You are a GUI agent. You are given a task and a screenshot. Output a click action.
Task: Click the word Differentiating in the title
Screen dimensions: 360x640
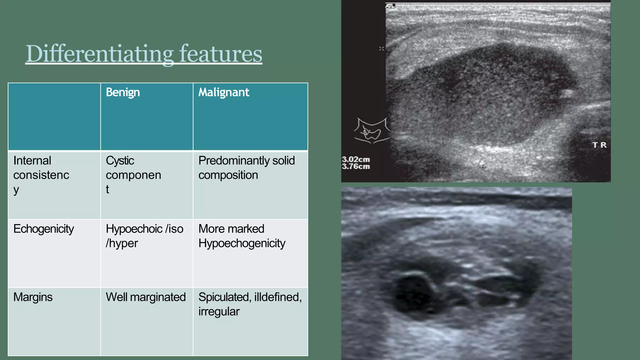pos(99,54)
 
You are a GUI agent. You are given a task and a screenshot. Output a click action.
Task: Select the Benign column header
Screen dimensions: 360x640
pos(123,92)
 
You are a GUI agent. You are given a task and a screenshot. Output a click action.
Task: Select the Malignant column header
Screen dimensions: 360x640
pos(224,92)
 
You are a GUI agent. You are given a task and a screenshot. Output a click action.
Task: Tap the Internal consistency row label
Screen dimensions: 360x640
pos(41,175)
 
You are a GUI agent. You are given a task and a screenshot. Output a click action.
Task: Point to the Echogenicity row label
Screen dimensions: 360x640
pos(44,229)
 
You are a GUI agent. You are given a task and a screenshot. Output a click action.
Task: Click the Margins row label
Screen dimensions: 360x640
pos(33,297)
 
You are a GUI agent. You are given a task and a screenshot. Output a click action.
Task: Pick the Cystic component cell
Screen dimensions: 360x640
pos(133,175)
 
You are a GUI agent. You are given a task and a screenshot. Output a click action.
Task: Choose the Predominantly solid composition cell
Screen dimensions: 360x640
pos(247,168)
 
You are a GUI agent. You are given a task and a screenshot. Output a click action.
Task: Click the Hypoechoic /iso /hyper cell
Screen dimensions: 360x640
pos(144,236)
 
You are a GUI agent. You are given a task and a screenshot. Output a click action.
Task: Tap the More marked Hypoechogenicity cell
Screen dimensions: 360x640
pos(242,236)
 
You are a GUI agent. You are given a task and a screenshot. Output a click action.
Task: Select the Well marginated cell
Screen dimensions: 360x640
pos(146,297)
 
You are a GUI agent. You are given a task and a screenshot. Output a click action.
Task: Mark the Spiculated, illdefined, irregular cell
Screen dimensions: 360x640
pos(250,304)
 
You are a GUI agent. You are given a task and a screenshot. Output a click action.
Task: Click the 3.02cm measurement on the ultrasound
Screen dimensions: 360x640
pos(356,160)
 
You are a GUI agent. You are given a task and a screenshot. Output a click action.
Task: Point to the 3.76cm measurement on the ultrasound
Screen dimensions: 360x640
pos(356,167)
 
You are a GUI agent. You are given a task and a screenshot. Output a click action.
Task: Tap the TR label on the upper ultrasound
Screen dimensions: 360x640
pos(599,145)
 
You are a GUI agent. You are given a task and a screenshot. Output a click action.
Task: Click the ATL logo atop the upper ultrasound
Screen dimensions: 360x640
pos(390,6)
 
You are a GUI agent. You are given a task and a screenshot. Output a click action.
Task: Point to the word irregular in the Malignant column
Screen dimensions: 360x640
pos(219,312)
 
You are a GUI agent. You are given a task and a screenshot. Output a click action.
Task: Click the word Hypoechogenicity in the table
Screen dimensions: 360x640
pos(242,243)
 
